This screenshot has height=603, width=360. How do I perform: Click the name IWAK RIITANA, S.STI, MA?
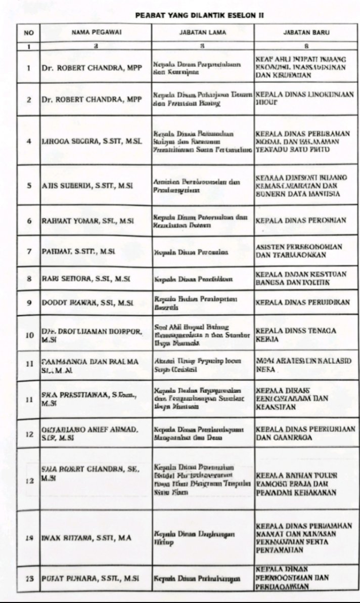79,538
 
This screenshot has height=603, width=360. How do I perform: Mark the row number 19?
29,538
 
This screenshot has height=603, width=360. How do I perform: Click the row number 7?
29,251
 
